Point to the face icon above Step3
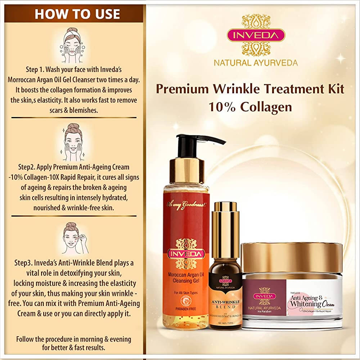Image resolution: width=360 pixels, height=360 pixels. [x=74, y=239]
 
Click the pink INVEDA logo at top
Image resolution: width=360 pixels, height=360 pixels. [x=256, y=35]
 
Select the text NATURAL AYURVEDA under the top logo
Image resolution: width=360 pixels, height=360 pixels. [x=256, y=63]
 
